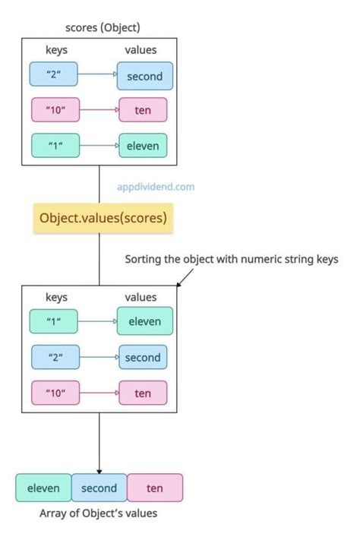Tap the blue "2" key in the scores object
tap(54, 74)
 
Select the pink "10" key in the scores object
tap(54, 110)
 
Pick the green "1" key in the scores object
tap(54, 145)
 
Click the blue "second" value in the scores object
tap(145, 76)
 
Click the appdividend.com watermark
tap(156, 185)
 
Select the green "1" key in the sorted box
tap(54, 322)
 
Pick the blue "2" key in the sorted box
tap(54, 358)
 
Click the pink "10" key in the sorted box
tap(54, 393)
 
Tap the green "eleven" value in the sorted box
tap(145, 322)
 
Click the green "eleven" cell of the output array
tap(43, 488)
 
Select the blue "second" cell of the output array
tap(99, 488)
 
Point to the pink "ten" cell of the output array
tap(155, 488)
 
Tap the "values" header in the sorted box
tap(141, 298)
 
